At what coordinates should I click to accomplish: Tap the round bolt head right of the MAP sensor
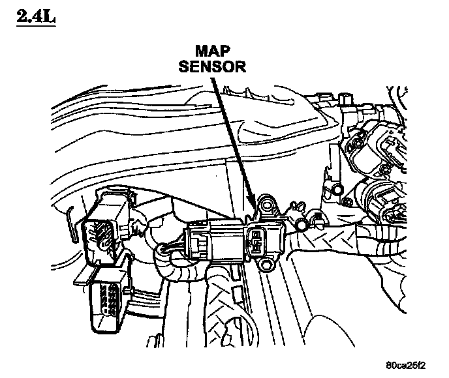coord(302,225)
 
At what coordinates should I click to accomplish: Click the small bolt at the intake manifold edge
coord(336,190)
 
